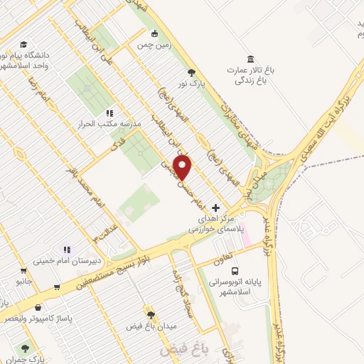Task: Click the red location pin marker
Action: coord(183,167)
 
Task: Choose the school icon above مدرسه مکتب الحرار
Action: coord(109,112)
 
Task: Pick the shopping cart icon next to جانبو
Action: coord(25,270)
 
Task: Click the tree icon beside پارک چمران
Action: coord(26,348)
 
